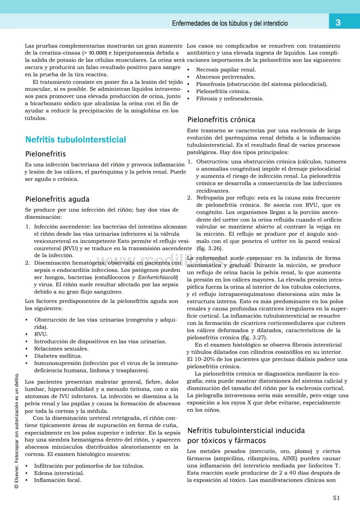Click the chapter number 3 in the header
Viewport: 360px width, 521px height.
click(x=338, y=22)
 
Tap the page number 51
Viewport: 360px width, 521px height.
click(x=336, y=498)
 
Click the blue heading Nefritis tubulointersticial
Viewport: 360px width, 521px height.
click(x=76, y=140)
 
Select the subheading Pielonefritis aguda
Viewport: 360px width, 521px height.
click(x=57, y=199)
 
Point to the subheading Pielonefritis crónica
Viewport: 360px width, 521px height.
click(x=221, y=120)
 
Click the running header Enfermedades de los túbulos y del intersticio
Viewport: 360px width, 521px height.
click(x=230, y=23)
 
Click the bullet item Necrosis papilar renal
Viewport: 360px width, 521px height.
click(x=226, y=70)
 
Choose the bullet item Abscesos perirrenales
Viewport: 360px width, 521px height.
click(x=225, y=77)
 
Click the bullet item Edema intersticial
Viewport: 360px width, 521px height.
click(x=59, y=473)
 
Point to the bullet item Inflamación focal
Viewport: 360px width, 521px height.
click(x=58, y=480)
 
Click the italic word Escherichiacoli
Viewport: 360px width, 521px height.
click(x=158, y=278)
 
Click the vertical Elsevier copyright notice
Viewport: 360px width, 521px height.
click(x=16, y=430)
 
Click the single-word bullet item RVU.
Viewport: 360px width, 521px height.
click(x=41, y=334)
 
